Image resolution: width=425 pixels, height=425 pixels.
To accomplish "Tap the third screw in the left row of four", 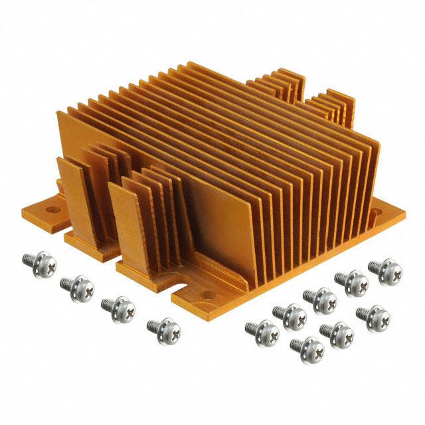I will [116, 307].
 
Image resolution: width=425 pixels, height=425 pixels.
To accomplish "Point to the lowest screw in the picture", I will [307, 347].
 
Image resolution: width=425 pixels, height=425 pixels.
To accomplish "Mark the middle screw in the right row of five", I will [321, 299].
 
